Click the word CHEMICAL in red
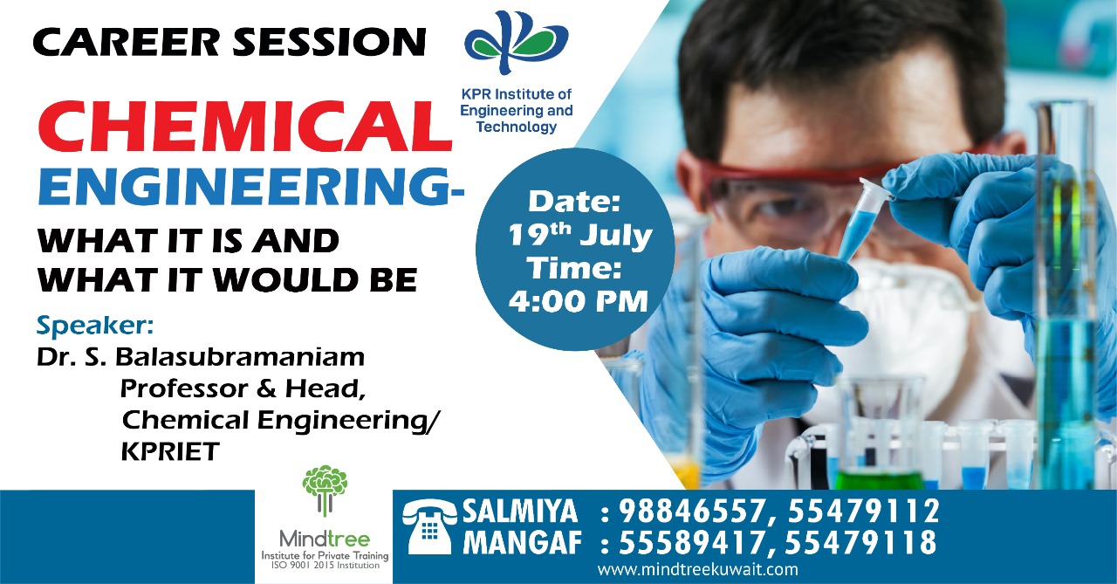point(244,126)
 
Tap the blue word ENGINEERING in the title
point(244,186)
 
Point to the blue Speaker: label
point(95,326)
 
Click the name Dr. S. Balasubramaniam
point(201,358)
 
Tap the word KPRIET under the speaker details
point(170,452)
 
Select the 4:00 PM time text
point(578,301)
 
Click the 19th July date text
point(580,235)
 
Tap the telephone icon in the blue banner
point(428,526)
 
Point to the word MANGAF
point(522,543)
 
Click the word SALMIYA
point(521,512)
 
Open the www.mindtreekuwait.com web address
point(697,569)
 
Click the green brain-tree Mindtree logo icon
point(325,491)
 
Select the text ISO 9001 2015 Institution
point(325,566)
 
